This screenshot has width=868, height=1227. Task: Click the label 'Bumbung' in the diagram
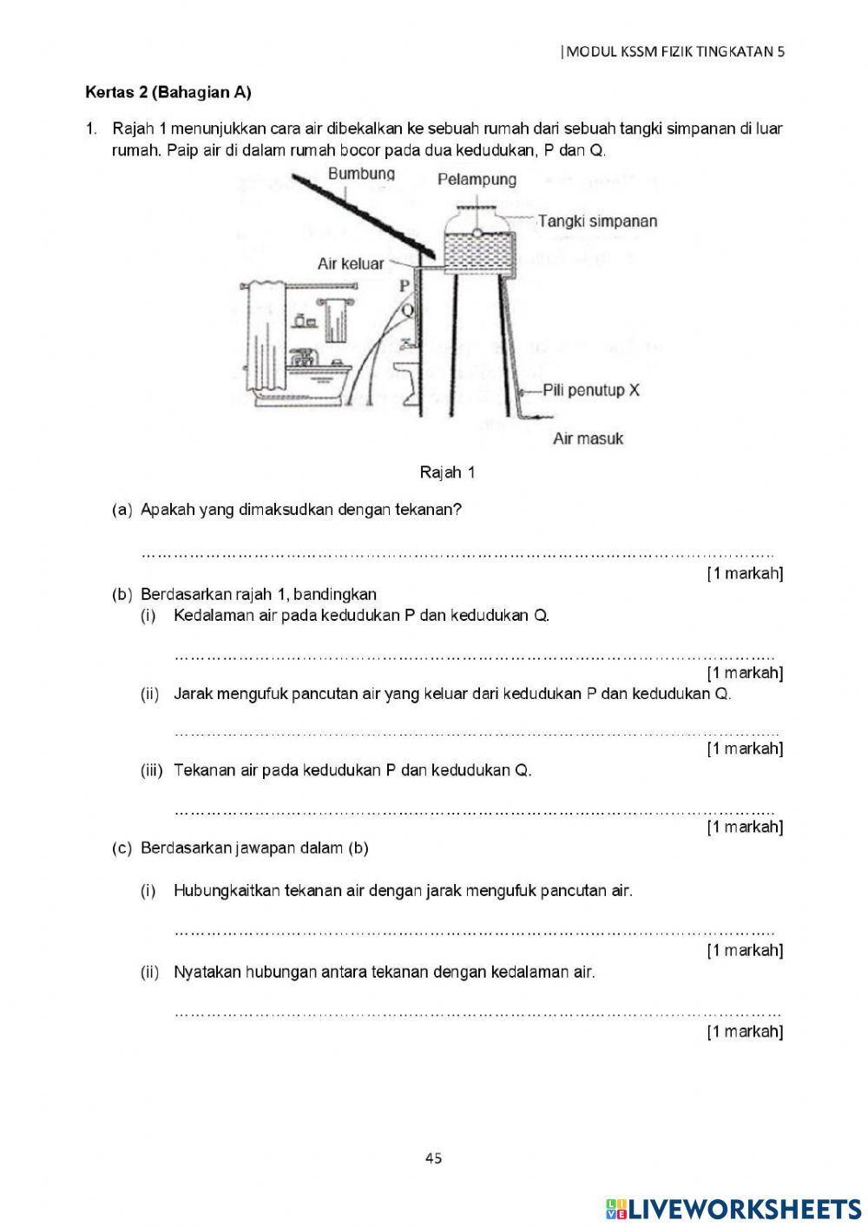click(361, 174)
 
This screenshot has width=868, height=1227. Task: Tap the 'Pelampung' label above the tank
click(477, 180)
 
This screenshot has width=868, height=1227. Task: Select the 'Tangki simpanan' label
click(597, 221)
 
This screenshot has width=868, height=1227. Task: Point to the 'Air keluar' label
click(350, 263)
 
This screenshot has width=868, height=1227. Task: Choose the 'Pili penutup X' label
click(591, 390)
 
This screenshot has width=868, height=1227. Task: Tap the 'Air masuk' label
click(588, 439)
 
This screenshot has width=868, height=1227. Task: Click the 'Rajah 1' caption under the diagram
click(447, 472)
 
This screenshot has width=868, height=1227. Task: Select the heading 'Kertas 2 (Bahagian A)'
click(168, 92)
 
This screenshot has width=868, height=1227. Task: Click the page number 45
click(434, 1157)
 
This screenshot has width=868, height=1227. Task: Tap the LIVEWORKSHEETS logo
click(733, 1209)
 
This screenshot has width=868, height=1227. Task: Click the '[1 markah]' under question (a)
click(745, 573)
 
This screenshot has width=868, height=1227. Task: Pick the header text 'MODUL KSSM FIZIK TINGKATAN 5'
click(674, 51)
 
